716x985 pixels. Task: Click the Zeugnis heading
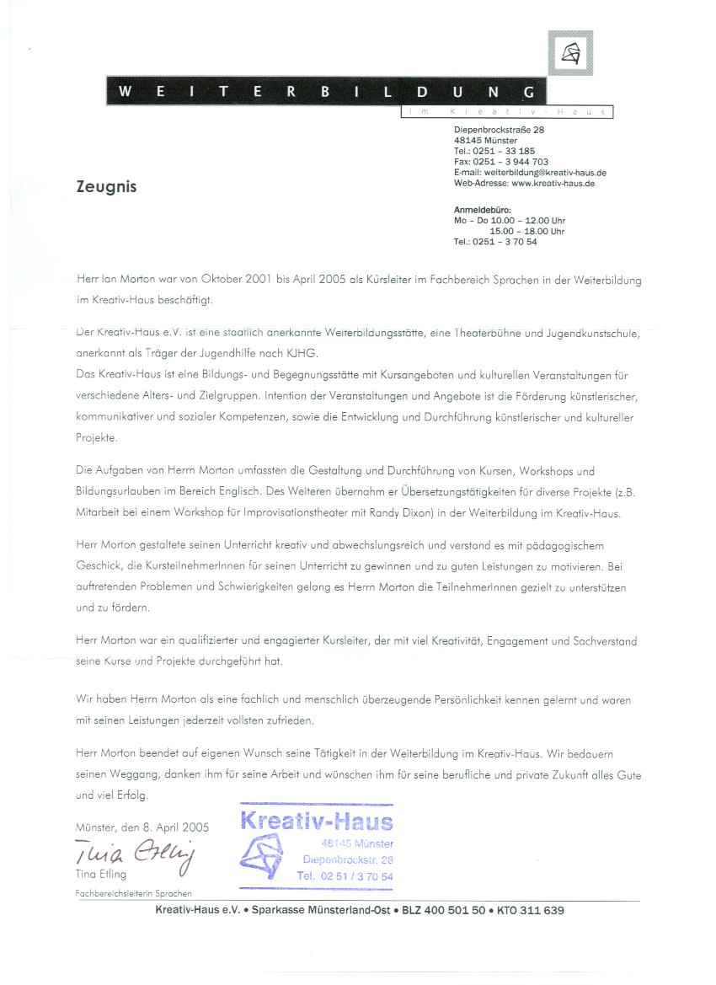pyautogui.click(x=106, y=187)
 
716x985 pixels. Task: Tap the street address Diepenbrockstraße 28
pyautogui.click(x=499, y=130)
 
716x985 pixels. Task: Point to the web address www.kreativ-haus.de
pyautogui.click(x=553, y=183)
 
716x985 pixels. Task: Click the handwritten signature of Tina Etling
pyautogui.click(x=135, y=852)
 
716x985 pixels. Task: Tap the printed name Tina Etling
pyautogui.click(x=101, y=875)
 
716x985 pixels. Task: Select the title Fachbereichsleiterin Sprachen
pyautogui.click(x=133, y=893)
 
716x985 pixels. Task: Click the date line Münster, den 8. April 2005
pyautogui.click(x=142, y=827)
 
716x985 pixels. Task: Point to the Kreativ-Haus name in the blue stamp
pyautogui.click(x=317, y=822)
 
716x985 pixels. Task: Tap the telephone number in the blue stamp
pyautogui.click(x=345, y=876)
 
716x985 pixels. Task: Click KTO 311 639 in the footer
pyautogui.click(x=531, y=911)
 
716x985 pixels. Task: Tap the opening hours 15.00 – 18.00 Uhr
pyautogui.click(x=527, y=231)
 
